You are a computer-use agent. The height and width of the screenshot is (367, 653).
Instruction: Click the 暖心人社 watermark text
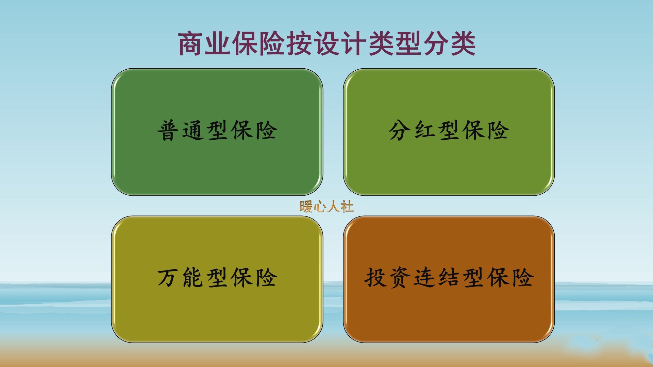point(326,206)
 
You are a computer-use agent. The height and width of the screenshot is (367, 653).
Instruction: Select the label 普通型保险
point(217,131)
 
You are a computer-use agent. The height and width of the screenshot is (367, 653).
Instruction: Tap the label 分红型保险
point(449,131)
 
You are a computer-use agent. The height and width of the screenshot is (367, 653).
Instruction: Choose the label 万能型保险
point(217,278)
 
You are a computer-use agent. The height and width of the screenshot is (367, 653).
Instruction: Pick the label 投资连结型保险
point(449,278)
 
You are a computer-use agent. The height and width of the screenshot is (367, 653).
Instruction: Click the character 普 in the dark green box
point(168,131)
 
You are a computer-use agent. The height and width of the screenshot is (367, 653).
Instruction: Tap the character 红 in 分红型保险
point(424,131)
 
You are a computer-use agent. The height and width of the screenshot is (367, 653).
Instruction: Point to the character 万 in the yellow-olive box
point(168,278)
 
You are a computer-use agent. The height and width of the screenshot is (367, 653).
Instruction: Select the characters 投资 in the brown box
point(387,278)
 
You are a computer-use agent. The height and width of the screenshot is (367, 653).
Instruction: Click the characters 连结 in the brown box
point(436,278)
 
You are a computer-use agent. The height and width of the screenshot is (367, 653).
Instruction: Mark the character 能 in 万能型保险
point(193,278)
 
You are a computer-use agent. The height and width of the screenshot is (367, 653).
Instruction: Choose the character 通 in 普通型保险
point(193,131)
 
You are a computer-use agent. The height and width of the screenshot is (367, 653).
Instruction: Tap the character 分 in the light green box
point(400,131)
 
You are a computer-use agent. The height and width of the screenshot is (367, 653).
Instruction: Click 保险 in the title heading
point(259,44)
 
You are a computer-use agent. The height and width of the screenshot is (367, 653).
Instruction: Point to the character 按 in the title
point(300,44)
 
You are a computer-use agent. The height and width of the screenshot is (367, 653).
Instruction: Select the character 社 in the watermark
point(347,206)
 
